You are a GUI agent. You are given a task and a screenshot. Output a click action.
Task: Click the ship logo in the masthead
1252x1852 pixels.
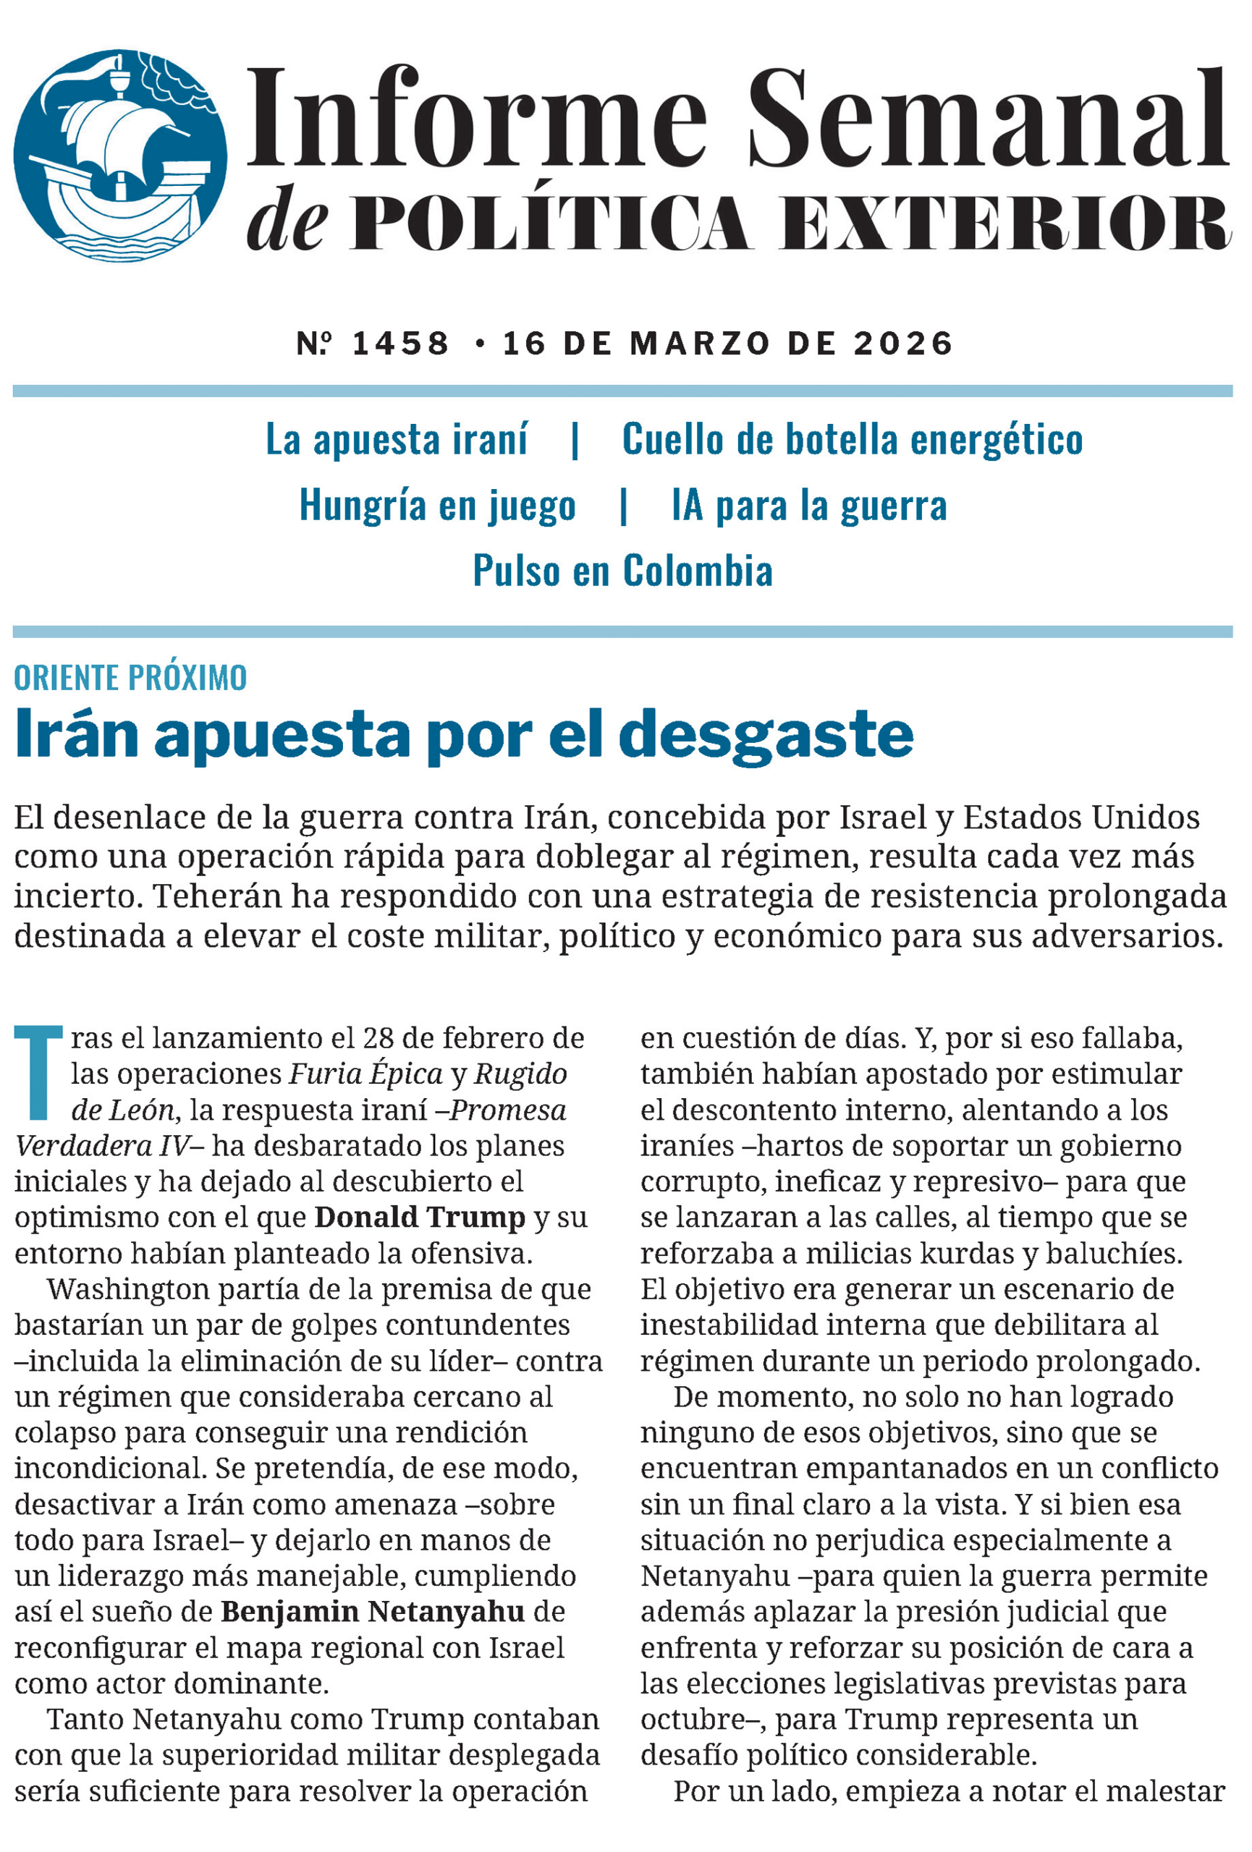[x=120, y=155]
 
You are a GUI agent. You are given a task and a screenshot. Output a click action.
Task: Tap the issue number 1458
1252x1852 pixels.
[x=401, y=344]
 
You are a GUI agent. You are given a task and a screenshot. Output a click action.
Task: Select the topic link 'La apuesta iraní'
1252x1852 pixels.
[x=396, y=439]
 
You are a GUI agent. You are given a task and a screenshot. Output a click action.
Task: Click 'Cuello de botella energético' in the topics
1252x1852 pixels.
[x=852, y=439]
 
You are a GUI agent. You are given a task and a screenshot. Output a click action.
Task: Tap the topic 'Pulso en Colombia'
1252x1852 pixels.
[x=622, y=571]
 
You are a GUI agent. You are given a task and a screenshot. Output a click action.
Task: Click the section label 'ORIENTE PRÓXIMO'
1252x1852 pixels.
[x=131, y=677]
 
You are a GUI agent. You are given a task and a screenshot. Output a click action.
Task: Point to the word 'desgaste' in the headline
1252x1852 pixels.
[x=765, y=734]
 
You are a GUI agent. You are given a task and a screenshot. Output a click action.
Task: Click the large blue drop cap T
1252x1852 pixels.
[x=38, y=1072]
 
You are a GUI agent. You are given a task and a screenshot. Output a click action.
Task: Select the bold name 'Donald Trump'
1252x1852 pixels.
[x=420, y=1217]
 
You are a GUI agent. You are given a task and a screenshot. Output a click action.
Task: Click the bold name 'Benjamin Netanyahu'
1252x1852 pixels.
[x=373, y=1588]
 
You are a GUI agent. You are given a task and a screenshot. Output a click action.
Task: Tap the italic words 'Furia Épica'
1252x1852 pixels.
[x=365, y=1074]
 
